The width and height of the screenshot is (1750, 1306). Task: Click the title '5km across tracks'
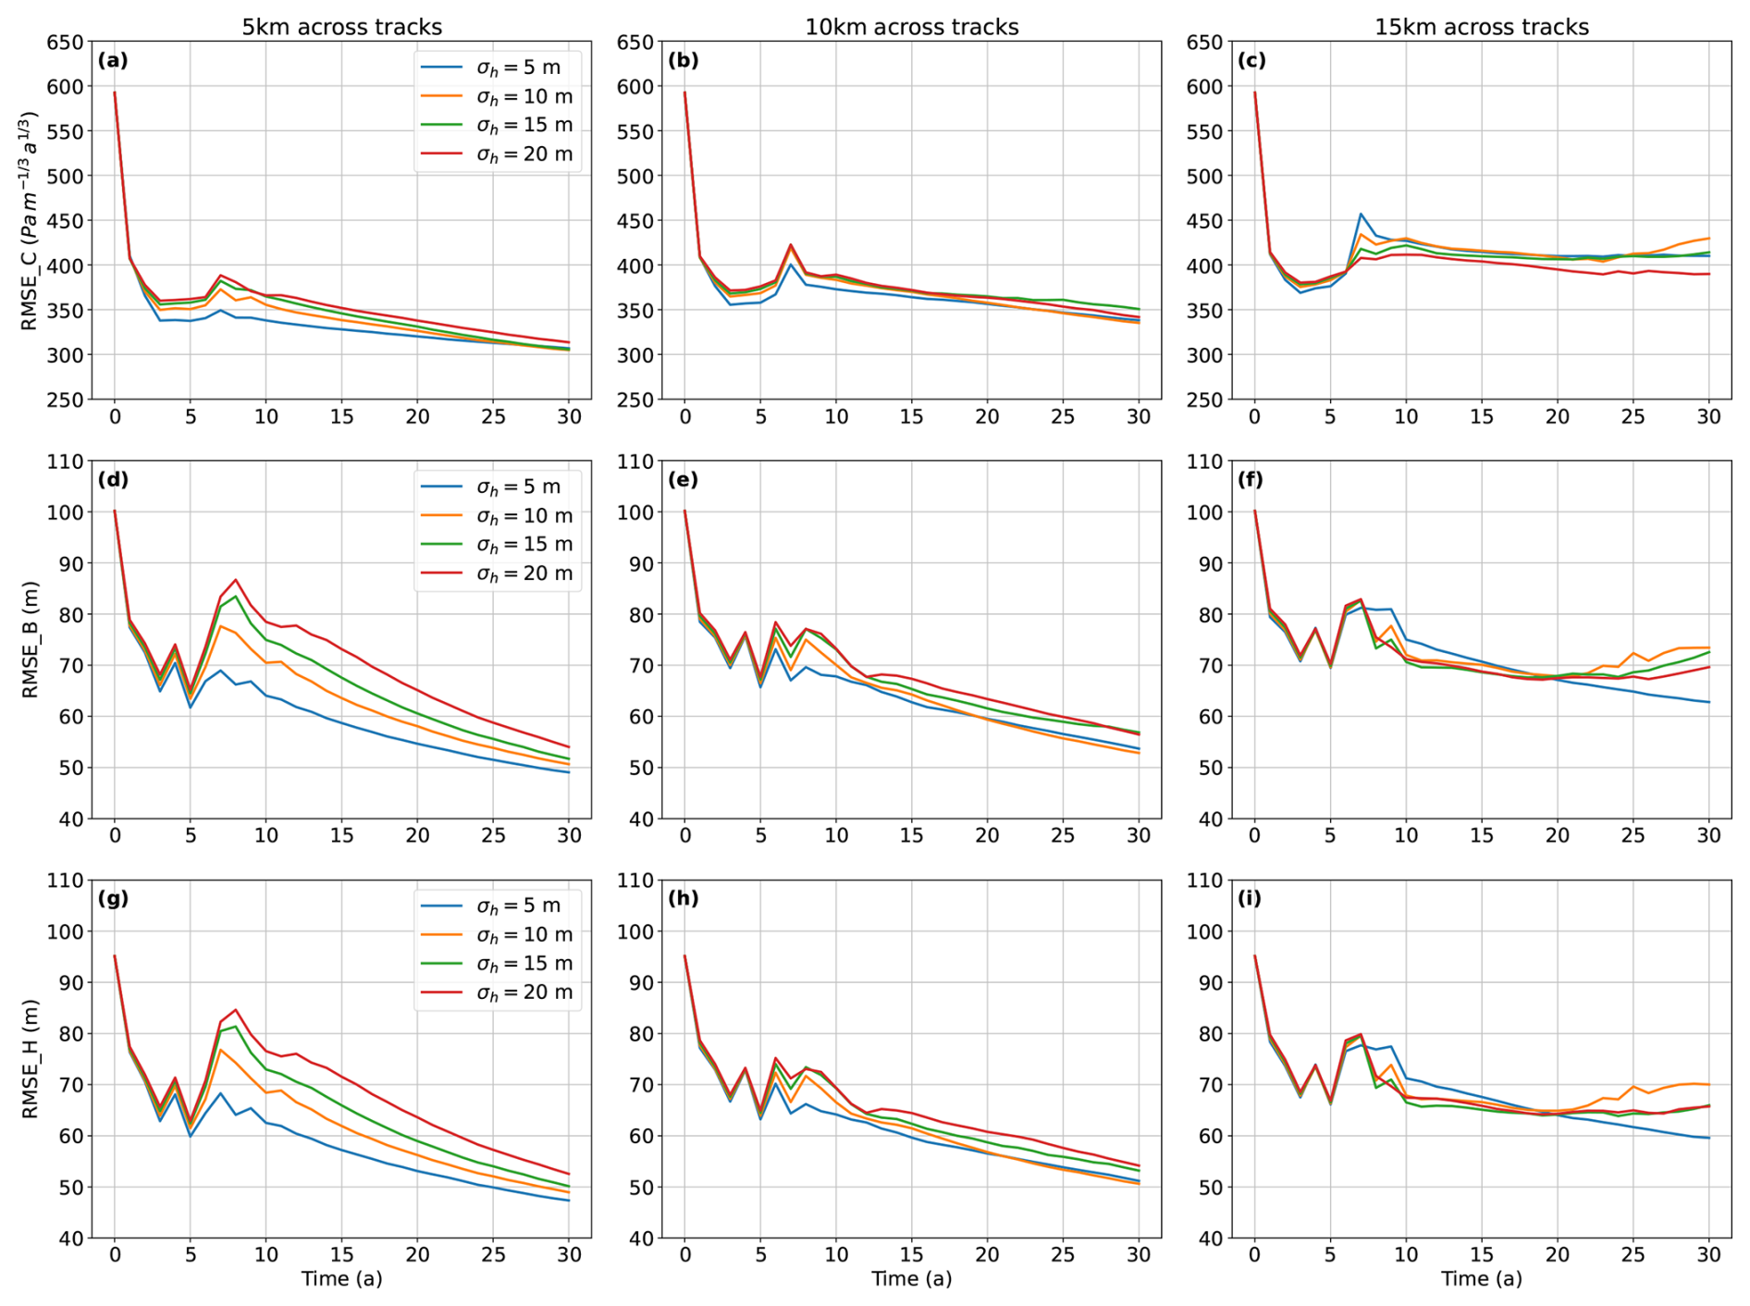coord(341,27)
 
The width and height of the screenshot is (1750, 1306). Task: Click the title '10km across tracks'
coord(911,27)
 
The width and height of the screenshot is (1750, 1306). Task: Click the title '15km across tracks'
coord(1481,27)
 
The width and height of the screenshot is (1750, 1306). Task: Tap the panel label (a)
coord(113,61)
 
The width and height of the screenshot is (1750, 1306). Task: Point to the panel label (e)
coord(683,480)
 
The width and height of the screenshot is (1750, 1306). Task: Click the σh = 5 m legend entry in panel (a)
coord(518,68)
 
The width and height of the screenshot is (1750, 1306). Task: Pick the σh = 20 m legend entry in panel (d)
coord(524,573)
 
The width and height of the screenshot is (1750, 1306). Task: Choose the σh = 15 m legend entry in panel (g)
coord(524,964)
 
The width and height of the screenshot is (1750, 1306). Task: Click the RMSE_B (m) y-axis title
coord(31,639)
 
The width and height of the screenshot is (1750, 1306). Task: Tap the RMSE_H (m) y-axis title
coord(31,1058)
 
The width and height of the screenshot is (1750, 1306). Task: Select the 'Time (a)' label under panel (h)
coord(911,1279)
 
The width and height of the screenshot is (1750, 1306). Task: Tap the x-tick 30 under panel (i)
coord(1708,1255)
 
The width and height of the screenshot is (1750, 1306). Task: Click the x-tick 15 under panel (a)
coord(341,417)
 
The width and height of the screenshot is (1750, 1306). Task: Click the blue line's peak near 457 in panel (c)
coord(1361,215)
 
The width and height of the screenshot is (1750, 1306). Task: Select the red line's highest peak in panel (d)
coord(236,580)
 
